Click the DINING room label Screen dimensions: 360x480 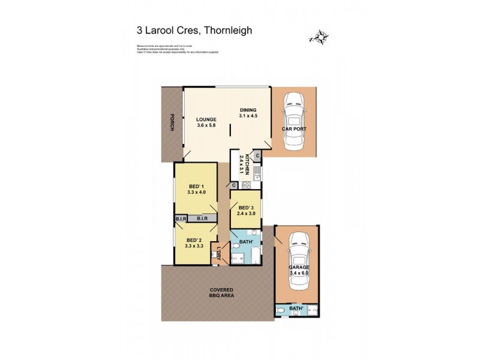pyautogui.click(x=248, y=110)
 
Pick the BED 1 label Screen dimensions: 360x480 pyautogui.click(x=196, y=185)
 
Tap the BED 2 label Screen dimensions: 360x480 pyautogui.click(x=195, y=241)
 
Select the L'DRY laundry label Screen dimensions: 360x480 pyautogui.click(x=220, y=252)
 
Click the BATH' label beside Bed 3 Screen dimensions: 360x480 pyautogui.click(x=245, y=242)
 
